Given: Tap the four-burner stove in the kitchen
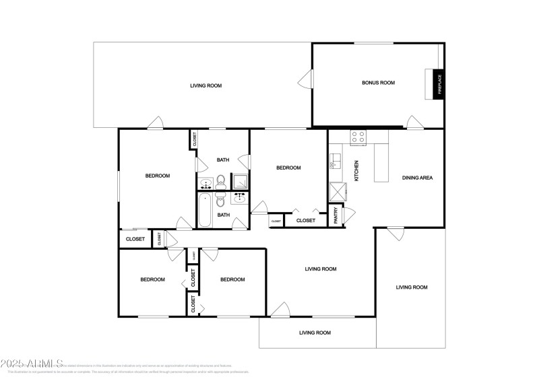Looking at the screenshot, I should pyautogui.click(x=358, y=137).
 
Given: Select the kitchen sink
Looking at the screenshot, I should pyautogui.click(x=335, y=162).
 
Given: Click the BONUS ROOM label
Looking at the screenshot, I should pyautogui.click(x=378, y=83).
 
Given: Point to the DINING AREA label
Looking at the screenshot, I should pyautogui.click(x=417, y=178).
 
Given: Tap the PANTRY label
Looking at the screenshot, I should pyautogui.click(x=336, y=215).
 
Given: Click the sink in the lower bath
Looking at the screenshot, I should pyautogui.click(x=239, y=198).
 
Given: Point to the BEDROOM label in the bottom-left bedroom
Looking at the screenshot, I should pyautogui.click(x=152, y=280).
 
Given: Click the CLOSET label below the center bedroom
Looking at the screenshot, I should pyautogui.click(x=305, y=220).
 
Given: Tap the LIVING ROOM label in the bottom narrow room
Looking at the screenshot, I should pyautogui.click(x=315, y=333).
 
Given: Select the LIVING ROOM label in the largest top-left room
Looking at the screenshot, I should pyautogui.click(x=205, y=85).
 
